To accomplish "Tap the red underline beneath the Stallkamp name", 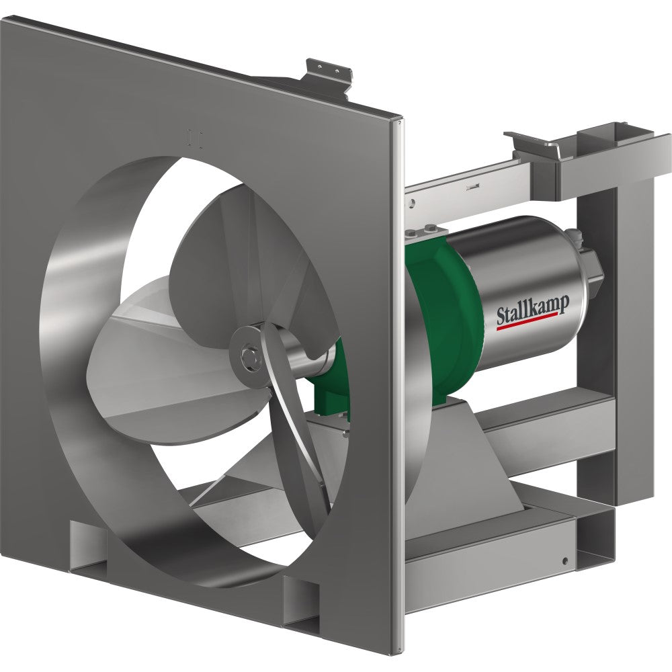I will (x=528, y=327).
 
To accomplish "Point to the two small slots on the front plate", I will (x=192, y=136).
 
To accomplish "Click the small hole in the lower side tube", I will (x=564, y=560).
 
